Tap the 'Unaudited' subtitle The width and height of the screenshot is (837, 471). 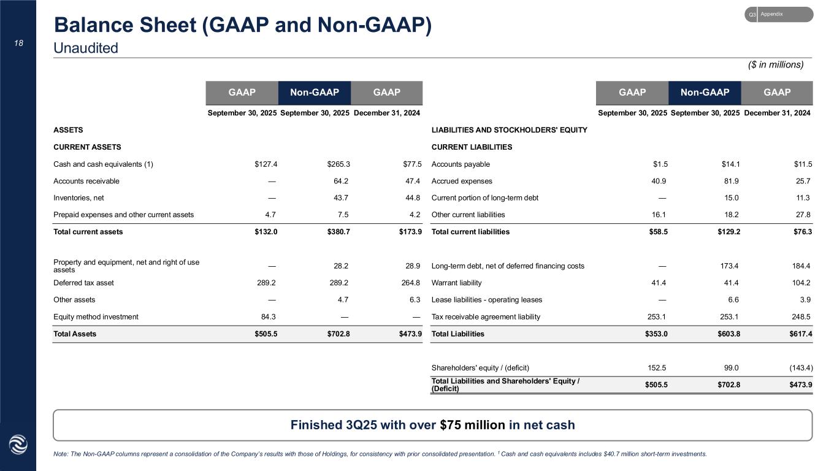tap(86, 48)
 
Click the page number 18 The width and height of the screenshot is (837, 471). tap(18, 43)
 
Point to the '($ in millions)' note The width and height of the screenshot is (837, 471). tap(774, 64)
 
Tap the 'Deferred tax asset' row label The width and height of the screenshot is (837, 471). tap(84, 283)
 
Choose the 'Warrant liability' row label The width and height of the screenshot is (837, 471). tap(457, 283)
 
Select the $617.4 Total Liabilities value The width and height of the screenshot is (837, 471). tap(799, 334)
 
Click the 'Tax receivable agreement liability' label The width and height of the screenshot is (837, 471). tap(486, 317)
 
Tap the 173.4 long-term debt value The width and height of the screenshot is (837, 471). tap(728, 266)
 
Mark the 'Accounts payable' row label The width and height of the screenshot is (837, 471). tap(461, 164)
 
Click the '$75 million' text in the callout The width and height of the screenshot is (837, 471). tap(475, 425)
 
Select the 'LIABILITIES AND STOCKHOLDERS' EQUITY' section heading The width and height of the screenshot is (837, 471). tap(510, 130)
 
